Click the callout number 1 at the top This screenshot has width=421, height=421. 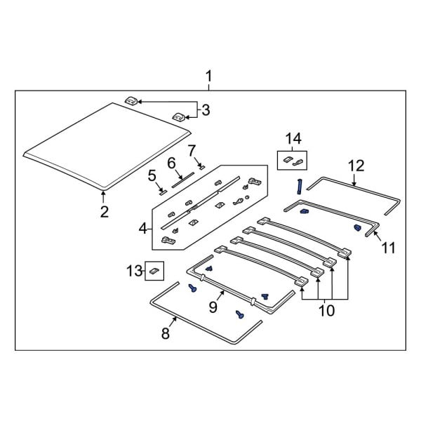point(208,76)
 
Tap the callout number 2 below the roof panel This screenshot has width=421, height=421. point(104,212)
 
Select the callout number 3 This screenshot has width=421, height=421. point(206,109)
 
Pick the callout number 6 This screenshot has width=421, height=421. point(171,163)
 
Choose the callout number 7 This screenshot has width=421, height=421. point(191,150)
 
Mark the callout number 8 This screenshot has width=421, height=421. point(166,334)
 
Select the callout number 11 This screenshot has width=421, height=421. point(388,247)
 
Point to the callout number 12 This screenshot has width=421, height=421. point(356,166)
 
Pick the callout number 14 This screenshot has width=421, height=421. point(293,138)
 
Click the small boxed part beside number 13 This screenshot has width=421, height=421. point(154,270)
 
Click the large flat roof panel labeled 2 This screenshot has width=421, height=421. point(105,144)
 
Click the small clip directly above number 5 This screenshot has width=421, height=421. point(161,188)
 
